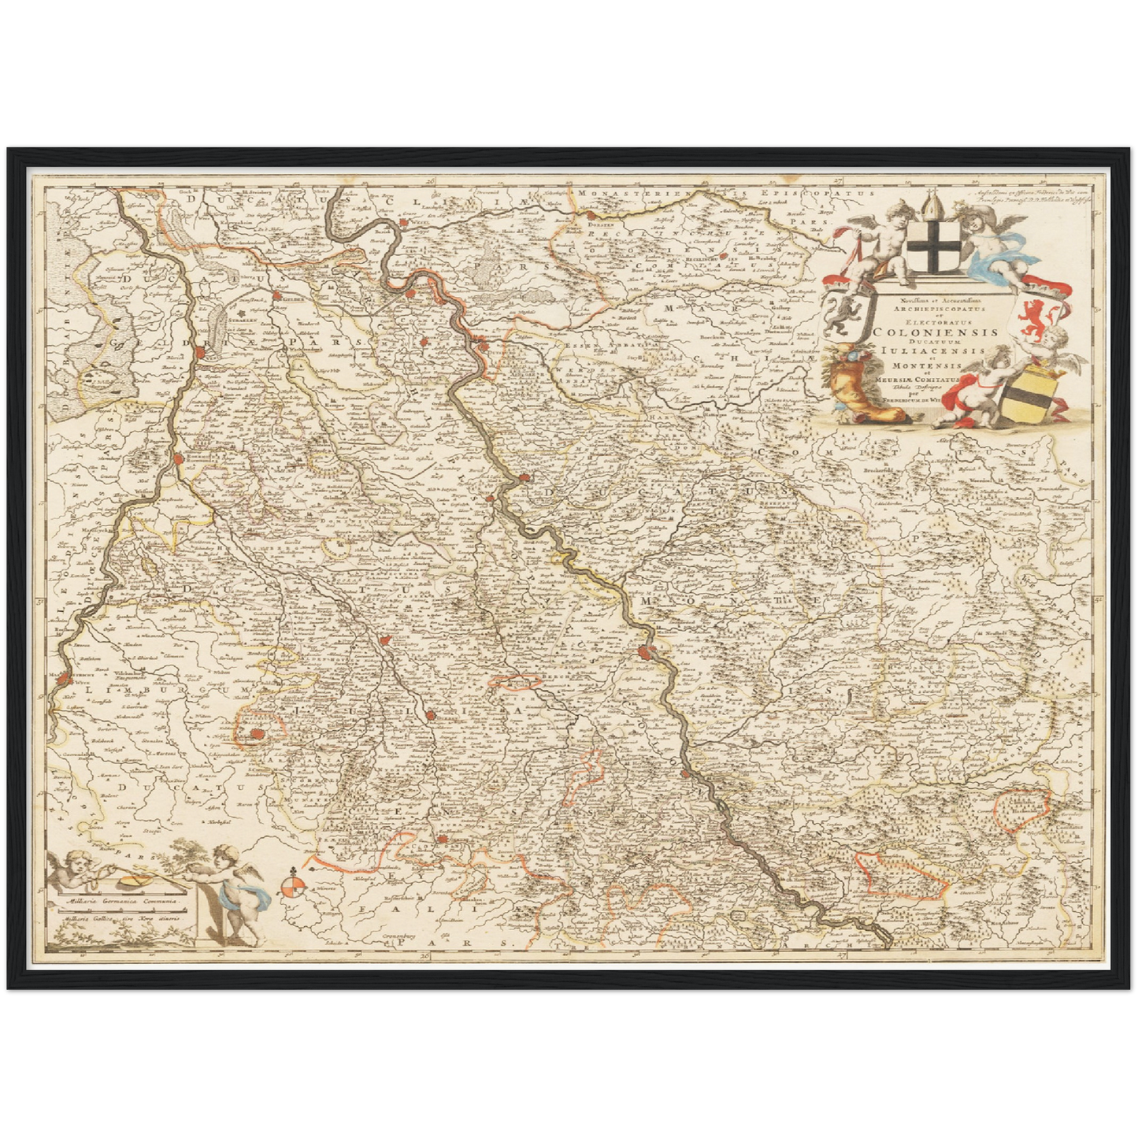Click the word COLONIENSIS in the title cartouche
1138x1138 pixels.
tap(936, 332)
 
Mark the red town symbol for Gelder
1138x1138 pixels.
tap(277, 297)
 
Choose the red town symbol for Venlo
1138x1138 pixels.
tap(202, 354)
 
